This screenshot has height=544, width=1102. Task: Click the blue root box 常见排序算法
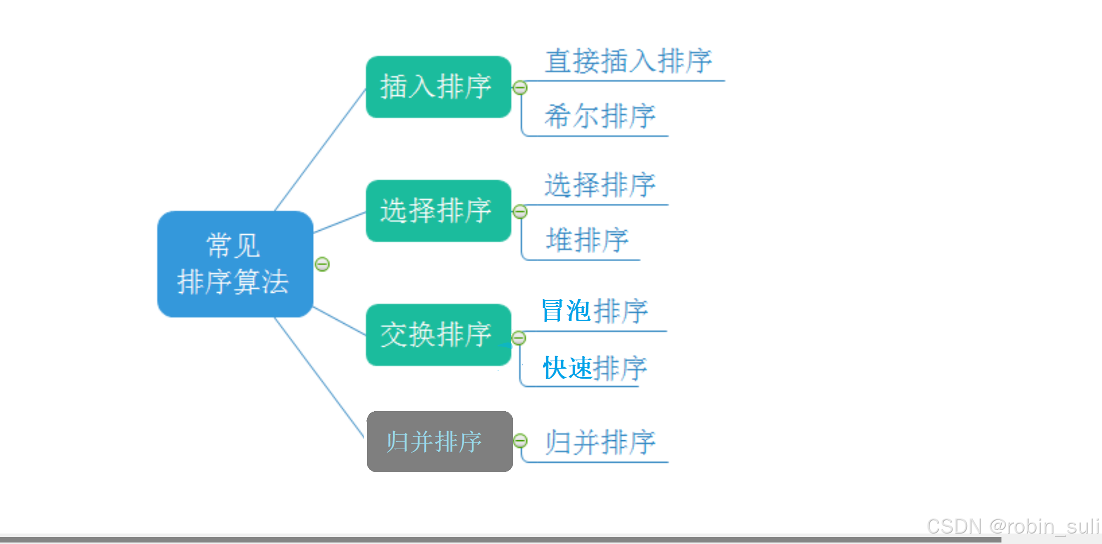(235, 264)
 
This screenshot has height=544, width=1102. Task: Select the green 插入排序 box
(438, 87)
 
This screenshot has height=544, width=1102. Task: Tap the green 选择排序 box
(438, 211)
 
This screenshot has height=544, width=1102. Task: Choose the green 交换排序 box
(438, 335)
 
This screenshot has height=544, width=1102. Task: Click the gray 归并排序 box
(440, 442)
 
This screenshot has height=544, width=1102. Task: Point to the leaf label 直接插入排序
(628, 61)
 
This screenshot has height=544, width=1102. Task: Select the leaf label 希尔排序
(600, 116)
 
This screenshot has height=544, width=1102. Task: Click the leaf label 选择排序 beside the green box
(600, 185)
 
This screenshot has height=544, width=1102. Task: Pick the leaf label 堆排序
(587, 240)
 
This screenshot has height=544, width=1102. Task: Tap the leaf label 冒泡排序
(594, 311)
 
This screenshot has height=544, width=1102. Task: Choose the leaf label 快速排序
(594, 368)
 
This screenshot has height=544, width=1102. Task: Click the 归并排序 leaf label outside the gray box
(600, 442)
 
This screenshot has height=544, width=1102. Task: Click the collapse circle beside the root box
(322, 264)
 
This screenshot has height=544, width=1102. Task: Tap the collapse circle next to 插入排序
(520, 88)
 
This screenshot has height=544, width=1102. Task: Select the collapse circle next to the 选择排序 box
(520, 212)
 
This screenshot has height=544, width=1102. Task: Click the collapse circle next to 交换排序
(519, 338)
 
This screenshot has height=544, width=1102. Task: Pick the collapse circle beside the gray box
(520, 441)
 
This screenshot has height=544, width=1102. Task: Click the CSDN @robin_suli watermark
(1012, 527)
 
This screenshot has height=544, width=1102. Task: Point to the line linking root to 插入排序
(320, 150)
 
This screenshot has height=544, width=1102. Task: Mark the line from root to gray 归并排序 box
(319, 378)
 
